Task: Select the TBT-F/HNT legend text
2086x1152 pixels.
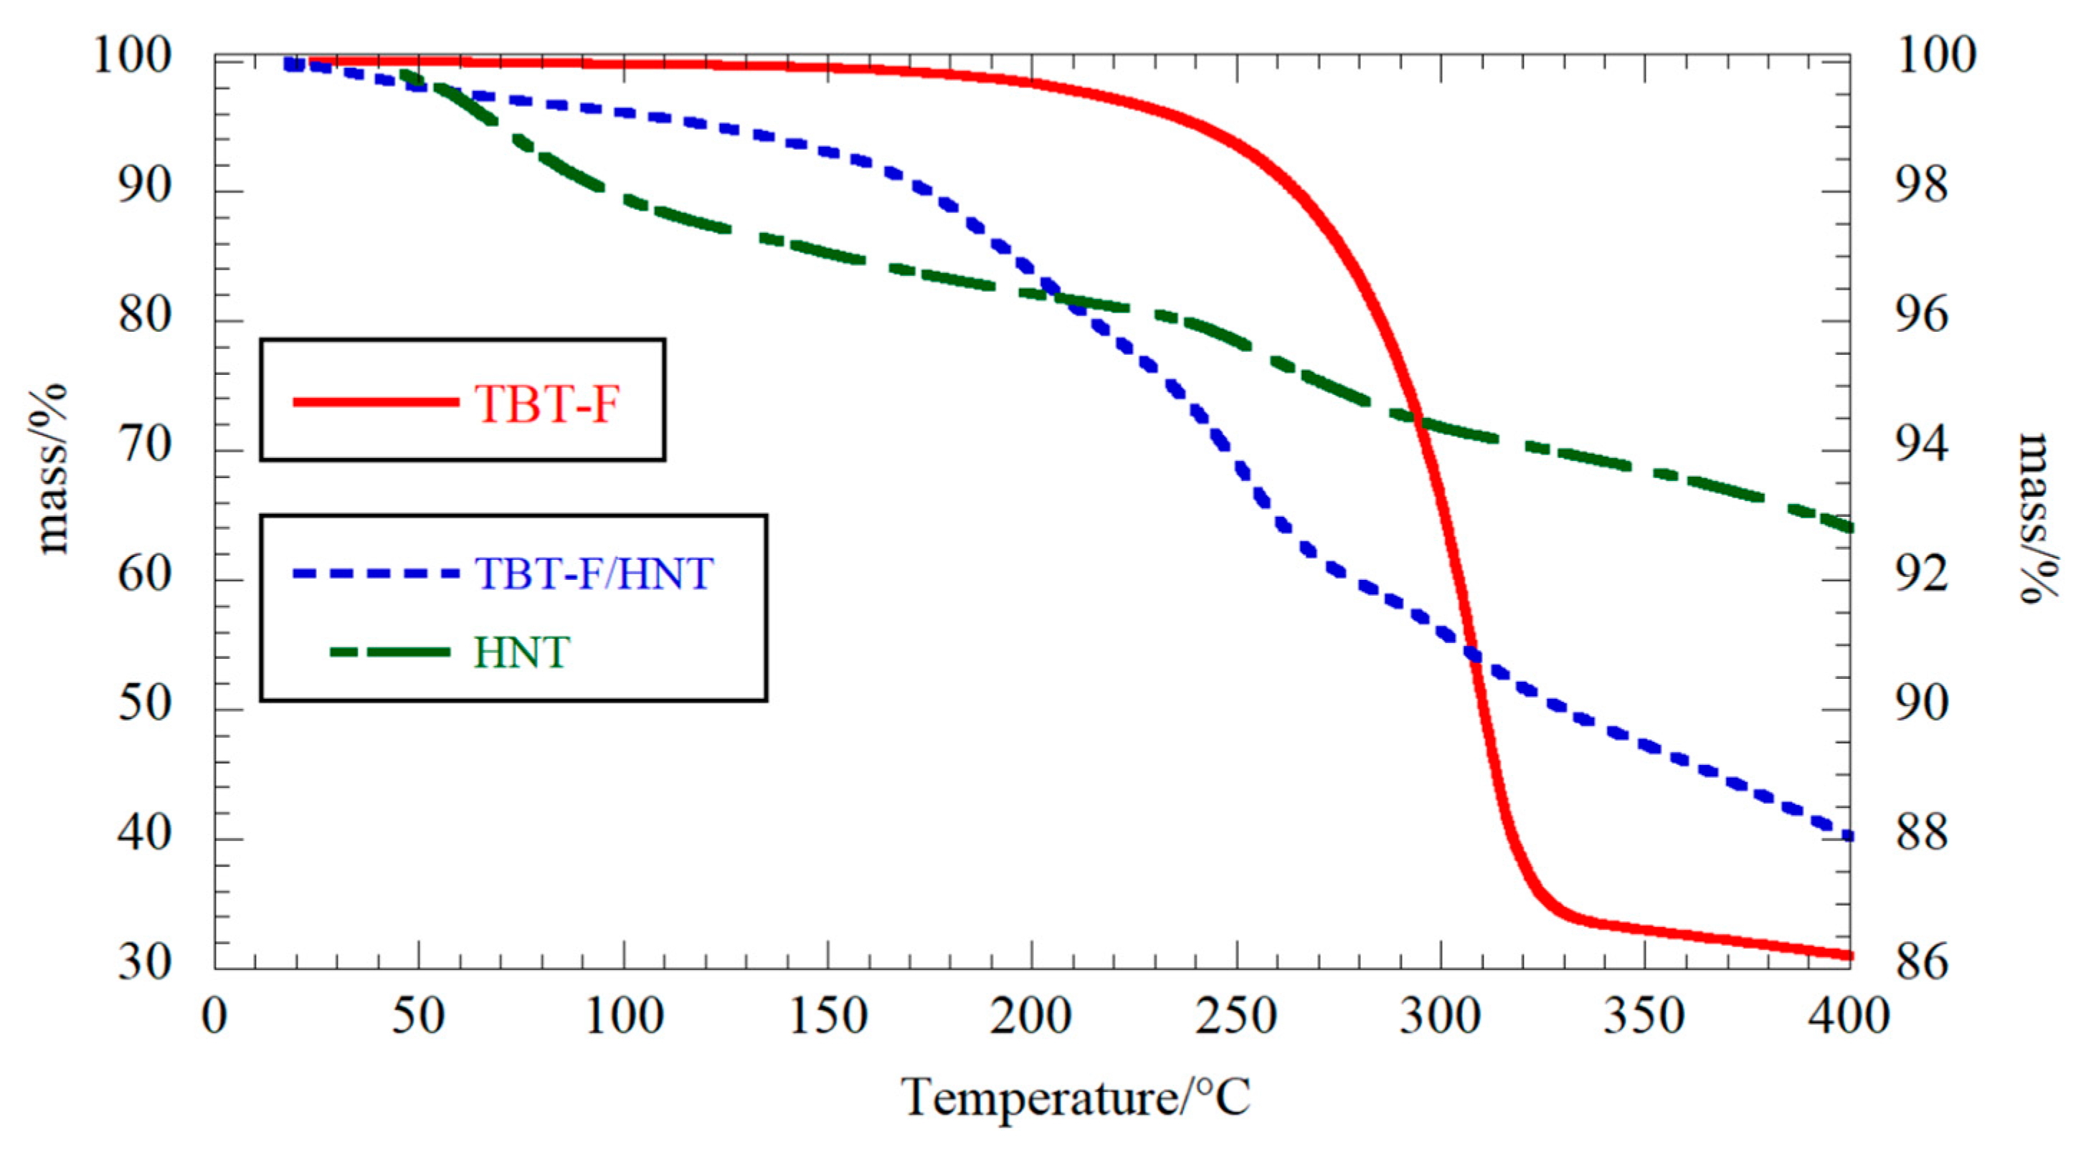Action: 594,573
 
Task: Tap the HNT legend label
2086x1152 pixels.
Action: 521,652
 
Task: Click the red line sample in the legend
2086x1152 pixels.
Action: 376,401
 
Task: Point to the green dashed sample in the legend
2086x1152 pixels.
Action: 390,652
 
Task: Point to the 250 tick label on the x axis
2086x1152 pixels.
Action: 1236,1015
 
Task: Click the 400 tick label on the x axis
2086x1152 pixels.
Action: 1849,1015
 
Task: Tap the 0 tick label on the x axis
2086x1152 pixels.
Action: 214,1015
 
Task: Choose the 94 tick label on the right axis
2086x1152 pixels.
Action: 1922,446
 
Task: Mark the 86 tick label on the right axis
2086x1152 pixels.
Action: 1922,963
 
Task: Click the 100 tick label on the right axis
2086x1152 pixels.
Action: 1935,57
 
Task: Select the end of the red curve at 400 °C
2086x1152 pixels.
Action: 1848,956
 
